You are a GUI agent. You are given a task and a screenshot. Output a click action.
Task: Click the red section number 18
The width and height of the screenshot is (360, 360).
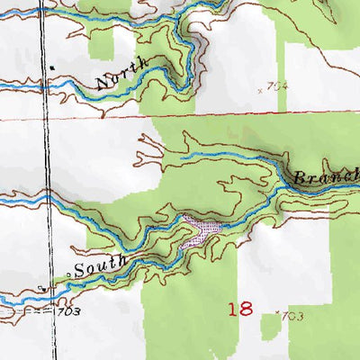pos(240,309)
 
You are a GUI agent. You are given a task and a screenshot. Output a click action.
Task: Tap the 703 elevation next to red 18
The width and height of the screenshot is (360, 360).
pos(292,317)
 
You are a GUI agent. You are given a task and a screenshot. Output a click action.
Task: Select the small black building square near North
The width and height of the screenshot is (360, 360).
pos(53,67)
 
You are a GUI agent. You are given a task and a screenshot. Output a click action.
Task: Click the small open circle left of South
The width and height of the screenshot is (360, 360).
pos(68,274)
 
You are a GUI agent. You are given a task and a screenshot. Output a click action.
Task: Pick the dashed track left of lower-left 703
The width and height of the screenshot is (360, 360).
pos(27,310)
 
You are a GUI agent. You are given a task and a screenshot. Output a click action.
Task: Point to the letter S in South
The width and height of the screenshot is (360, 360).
pos(79,270)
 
